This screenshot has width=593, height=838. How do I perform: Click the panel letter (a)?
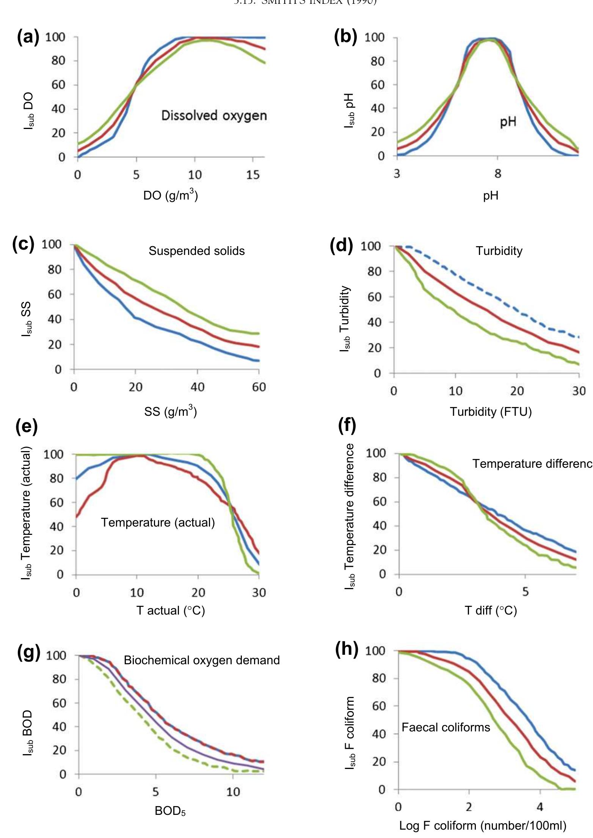(x=28, y=38)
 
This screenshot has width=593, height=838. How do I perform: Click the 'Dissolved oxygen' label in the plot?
(x=214, y=115)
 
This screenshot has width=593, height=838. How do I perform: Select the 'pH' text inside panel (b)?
(x=508, y=122)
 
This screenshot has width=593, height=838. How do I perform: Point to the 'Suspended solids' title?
(x=196, y=251)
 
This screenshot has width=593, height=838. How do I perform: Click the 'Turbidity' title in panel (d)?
(x=499, y=251)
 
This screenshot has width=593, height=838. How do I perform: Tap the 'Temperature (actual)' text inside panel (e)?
(x=158, y=522)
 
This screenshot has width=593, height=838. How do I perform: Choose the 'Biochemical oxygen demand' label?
(x=202, y=660)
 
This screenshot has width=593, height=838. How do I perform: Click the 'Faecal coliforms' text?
(x=446, y=727)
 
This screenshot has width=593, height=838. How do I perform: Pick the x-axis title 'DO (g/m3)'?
(x=170, y=195)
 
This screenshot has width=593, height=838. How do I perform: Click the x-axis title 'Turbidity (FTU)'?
(x=491, y=412)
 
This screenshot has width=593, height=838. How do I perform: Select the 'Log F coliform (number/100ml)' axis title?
(x=483, y=825)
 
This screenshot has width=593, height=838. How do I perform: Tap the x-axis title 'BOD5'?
(x=170, y=811)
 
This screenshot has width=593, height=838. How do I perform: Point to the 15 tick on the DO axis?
(x=253, y=175)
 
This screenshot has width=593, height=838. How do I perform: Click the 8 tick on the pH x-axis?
(x=498, y=174)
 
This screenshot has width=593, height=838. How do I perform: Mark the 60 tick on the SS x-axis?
(x=259, y=387)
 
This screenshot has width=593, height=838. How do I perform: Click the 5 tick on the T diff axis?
(x=525, y=592)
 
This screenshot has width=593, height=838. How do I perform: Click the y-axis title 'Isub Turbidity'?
(x=345, y=319)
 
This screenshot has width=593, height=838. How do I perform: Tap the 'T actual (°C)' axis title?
(x=171, y=610)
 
